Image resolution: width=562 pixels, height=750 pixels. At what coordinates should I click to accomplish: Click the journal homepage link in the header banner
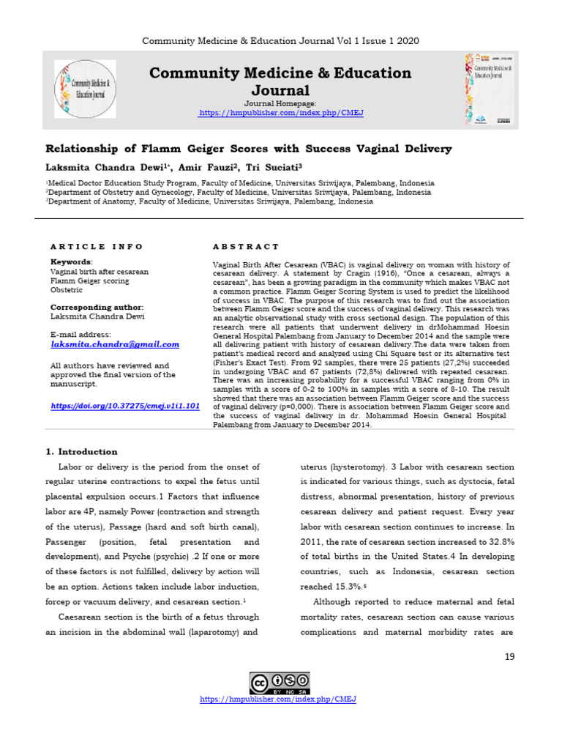pos(281,114)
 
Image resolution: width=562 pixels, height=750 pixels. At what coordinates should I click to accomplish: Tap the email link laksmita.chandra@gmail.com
pos(115,344)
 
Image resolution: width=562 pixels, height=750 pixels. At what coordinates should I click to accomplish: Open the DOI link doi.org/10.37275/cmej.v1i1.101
pos(124,405)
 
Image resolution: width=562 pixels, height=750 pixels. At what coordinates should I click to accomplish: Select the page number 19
pos(510,656)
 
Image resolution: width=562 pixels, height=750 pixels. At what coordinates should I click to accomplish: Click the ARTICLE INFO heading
pos(97,247)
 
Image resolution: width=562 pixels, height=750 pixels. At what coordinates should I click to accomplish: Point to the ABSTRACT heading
pos(246,247)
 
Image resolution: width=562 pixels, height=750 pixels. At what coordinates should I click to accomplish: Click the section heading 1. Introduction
pos(81,452)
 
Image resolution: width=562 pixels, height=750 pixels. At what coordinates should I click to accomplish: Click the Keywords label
pos(71,261)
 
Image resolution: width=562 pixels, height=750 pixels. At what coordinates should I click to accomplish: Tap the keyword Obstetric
pos(66,290)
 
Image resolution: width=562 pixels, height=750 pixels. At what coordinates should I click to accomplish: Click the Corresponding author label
pos(97,307)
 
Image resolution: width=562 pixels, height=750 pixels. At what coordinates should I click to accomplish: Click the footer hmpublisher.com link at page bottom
pos(278,699)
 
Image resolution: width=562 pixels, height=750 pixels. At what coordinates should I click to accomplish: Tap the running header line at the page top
pos(281,40)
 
